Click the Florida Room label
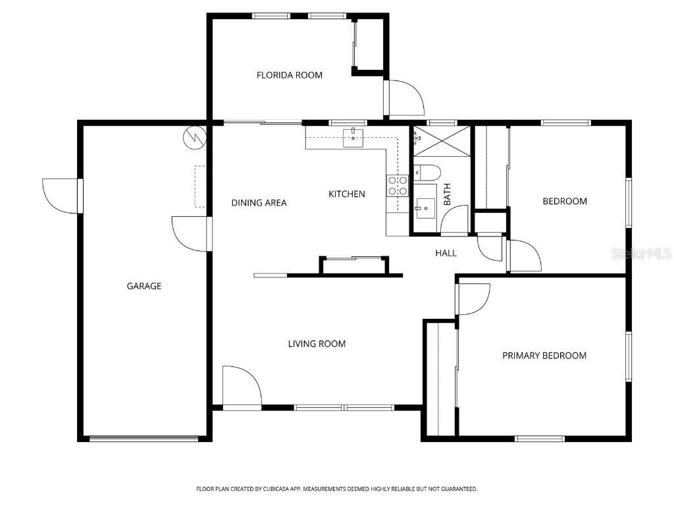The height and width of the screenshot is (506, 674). (x=290, y=75)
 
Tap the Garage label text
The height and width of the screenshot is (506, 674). (x=144, y=286)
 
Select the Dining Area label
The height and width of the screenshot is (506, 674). (x=259, y=203)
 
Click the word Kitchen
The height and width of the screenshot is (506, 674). (x=347, y=194)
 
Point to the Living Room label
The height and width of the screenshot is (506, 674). (x=317, y=343)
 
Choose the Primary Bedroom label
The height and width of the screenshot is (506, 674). (x=544, y=356)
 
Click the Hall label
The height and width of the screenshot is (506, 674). (x=446, y=253)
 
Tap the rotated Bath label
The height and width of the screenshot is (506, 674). (x=448, y=194)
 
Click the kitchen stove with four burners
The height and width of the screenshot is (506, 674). (x=397, y=186)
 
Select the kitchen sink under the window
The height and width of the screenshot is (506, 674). (x=353, y=138)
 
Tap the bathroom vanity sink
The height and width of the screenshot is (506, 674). (x=425, y=208)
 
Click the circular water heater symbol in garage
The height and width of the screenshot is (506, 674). (x=195, y=136)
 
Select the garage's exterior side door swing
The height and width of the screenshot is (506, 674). (x=61, y=196)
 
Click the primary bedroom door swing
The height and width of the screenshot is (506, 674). (x=474, y=298)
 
